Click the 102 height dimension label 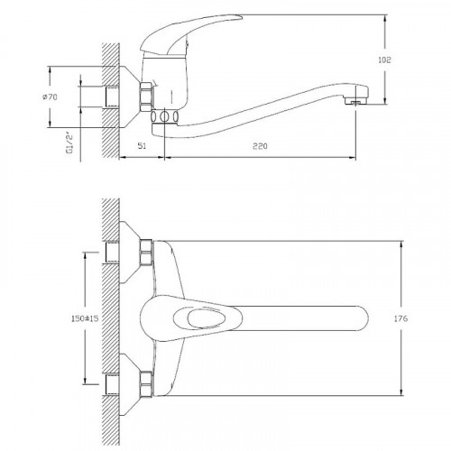coord(384,60)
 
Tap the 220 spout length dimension coord(260,146)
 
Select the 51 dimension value coord(142,146)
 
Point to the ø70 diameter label coord(50,97)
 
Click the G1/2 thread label coord(69,143)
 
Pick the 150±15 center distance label coord(85,318)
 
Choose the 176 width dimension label coord(400,318)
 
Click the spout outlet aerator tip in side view coord(355,102)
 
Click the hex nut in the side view coord(146,95)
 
